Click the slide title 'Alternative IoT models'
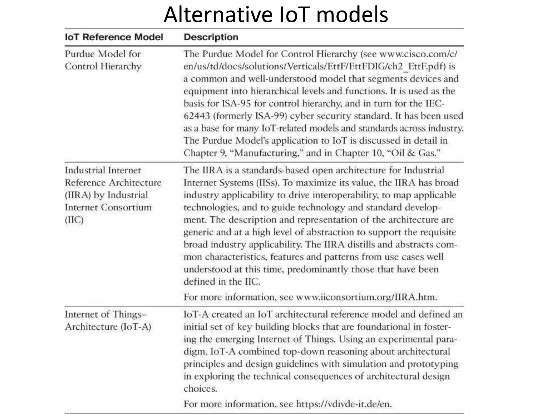276,15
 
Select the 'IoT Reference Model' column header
114,37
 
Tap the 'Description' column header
211,37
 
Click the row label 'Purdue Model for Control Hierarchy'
103,60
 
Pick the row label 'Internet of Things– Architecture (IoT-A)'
108,320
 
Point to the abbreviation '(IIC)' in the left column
74,220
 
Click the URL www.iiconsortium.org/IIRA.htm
366,297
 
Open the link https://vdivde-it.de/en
344,404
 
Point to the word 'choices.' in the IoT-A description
200,389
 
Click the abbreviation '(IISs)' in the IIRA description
266,183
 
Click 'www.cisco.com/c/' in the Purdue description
418,54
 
